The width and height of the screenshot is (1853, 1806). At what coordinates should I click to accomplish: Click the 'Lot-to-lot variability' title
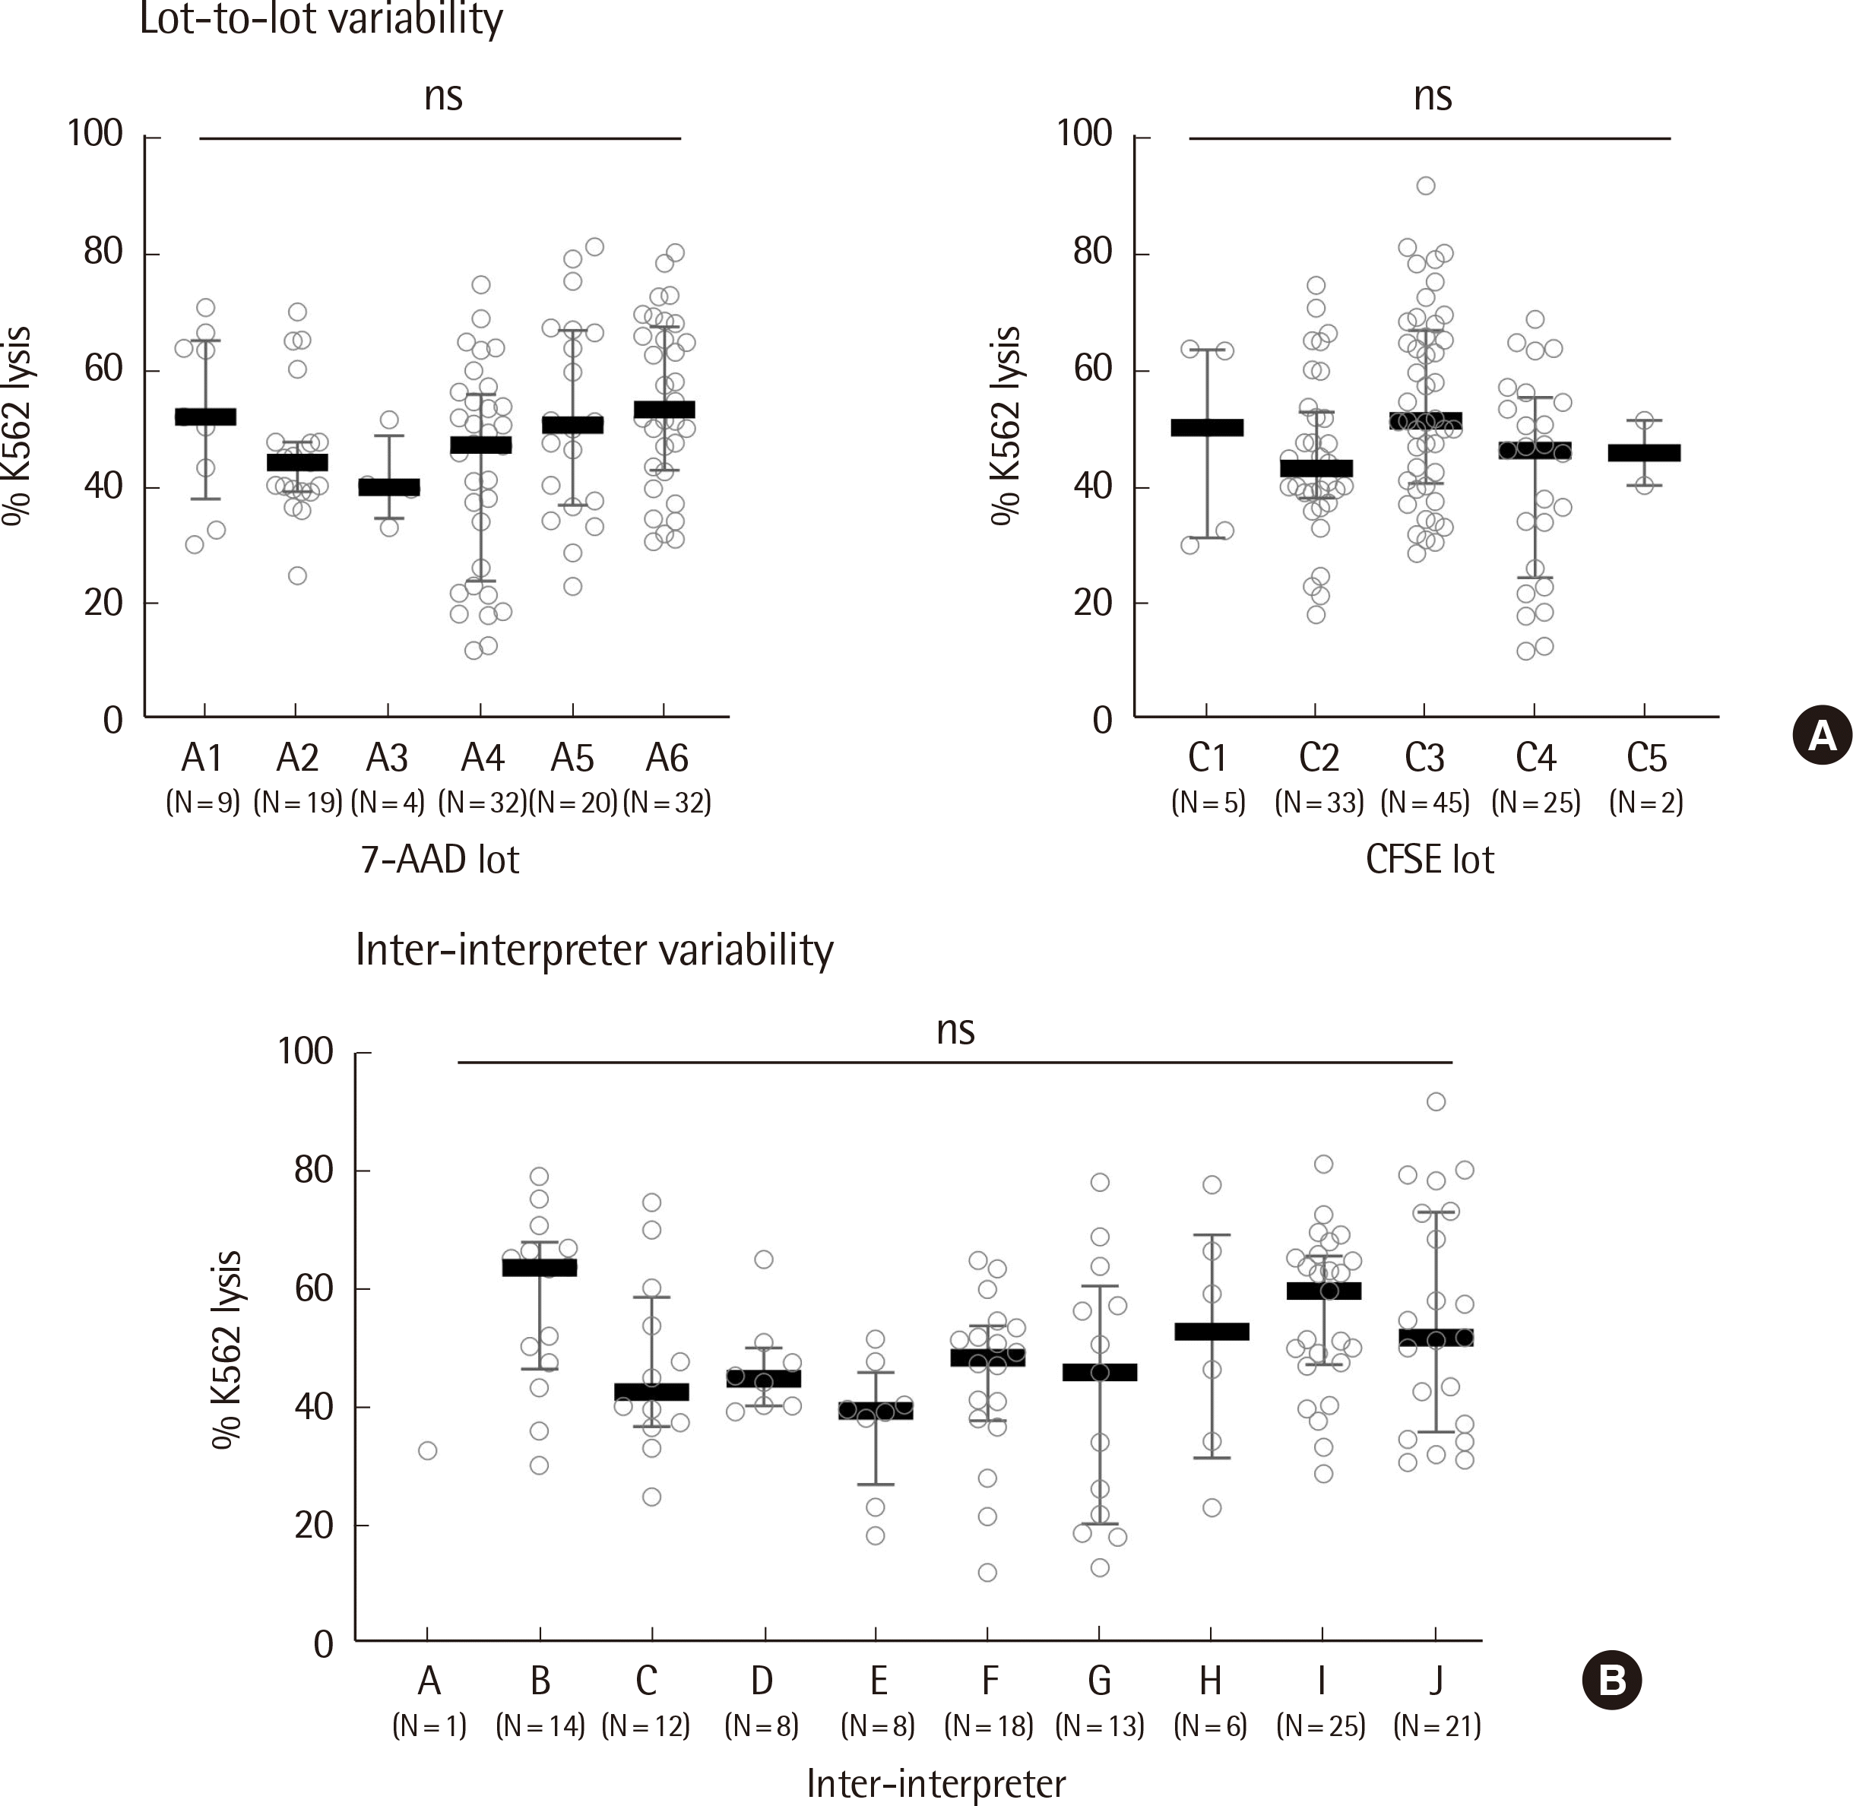pos(321,19)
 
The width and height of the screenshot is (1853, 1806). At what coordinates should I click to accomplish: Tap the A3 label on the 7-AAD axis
pos(387,759)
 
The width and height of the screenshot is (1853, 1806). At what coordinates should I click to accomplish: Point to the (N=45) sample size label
pos(1424,803)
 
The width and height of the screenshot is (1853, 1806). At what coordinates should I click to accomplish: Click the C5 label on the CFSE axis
pos(1646,759)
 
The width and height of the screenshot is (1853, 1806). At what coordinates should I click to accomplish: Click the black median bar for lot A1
pos(206,417)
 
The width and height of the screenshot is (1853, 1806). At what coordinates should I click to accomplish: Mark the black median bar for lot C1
pos(1207,428)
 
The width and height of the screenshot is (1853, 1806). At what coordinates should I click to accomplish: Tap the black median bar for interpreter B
pos(540,1267)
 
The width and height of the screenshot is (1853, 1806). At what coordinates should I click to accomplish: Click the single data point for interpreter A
pos(428,1451)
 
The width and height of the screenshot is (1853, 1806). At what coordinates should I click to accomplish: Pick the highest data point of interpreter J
pos(1436,1101)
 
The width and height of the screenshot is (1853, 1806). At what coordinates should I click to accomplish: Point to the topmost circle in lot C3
pos(1425,186)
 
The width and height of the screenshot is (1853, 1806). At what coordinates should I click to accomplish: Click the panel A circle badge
pos(1822,736)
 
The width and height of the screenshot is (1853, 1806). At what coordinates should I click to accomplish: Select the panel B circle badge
pos(1611,1680)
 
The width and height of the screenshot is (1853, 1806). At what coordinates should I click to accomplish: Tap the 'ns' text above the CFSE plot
pos(1432,97)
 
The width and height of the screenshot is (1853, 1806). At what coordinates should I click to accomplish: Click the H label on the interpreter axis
pos(1210,1681)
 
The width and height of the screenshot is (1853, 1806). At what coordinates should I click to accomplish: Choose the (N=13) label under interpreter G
pos(1099,1725)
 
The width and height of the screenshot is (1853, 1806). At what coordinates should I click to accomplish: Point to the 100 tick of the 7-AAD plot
pos(96,134)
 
